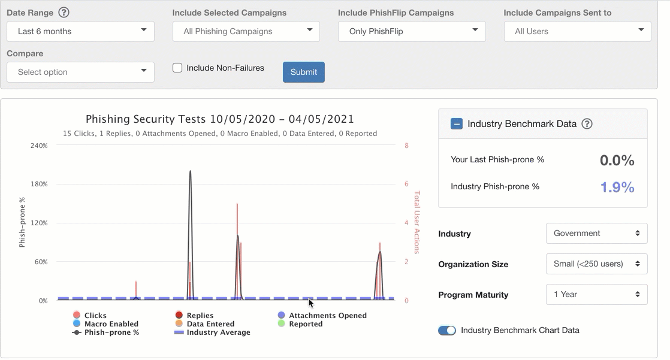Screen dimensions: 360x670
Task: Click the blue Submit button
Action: [303, 72]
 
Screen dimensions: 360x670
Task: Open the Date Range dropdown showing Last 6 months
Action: [80, 31]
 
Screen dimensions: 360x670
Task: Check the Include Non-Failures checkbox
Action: [177, 68]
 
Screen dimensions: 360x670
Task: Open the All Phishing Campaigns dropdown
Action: [246, 31]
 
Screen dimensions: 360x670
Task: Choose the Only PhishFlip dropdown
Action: [411, 31]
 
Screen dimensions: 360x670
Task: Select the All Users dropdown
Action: [577, 31]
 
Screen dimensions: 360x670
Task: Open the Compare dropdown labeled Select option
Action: [80, 72]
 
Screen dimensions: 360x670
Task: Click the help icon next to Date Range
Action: [64, 13]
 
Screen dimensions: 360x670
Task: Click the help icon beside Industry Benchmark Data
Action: [587, 124]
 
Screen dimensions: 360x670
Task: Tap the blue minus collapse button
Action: [456, 124]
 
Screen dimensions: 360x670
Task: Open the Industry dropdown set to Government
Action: [596, 233]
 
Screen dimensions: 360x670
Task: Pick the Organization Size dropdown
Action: [596, 264]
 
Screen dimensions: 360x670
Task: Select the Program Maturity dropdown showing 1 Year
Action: [596, 294]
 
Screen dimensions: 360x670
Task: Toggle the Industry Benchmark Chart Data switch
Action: [447, 330]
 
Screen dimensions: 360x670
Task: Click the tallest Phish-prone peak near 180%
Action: [190, 171]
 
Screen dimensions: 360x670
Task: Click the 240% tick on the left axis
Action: [39, 146]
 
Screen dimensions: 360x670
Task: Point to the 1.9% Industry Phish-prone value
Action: [617, 187]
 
